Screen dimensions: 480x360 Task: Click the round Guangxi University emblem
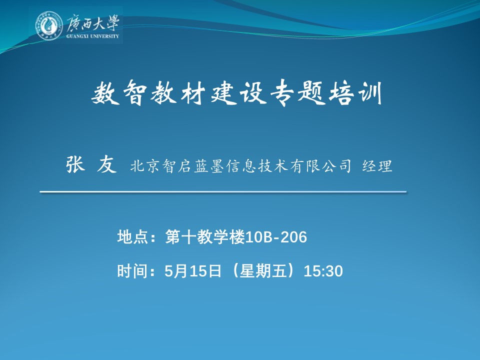pos(49,25)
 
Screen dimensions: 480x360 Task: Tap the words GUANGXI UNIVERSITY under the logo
pos(92,36)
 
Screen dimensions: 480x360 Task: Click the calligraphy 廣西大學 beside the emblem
pos(92,22)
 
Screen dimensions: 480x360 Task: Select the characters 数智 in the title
pos(119,92)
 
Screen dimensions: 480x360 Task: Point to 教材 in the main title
pos(178,92)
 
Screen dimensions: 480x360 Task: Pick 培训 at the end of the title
pos(355,92)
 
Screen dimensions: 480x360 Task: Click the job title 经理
pos(377,166)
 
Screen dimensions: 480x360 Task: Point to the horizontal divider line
pos(223,192)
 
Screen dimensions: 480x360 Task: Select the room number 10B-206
pos(276,237)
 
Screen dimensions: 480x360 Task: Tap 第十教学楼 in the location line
pos(205,237)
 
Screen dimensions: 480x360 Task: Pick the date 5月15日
pos(193,271)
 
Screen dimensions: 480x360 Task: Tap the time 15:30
pos(323,271)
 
